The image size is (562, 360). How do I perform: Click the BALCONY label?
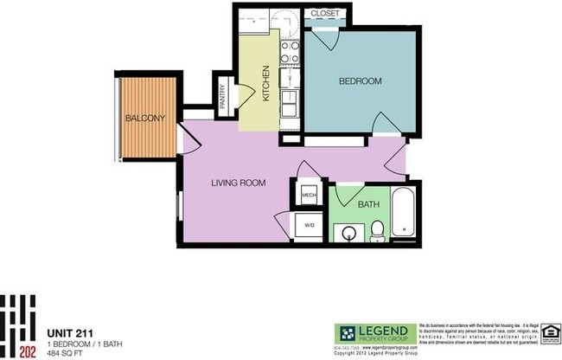pos(144,118)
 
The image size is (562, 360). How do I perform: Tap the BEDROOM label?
pos(360,81)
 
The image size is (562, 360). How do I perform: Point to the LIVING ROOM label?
pos(239,183)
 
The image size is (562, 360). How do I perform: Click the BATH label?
pos(368,205)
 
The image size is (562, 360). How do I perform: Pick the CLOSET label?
pos(324,14)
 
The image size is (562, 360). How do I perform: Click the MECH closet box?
pos(308,196)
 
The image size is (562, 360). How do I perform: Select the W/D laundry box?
pos(309,226)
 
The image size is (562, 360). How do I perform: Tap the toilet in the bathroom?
pos(378,229)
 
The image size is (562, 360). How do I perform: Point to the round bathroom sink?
pos(351,231)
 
